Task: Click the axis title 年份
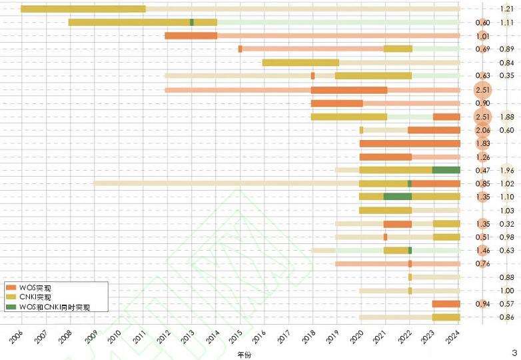[x=245, y=355]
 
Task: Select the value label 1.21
[x=506, y=9]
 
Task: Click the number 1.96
[x=506, y=170]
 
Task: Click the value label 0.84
[x=506, y=63]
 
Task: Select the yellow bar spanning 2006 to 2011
[x=83, y=9]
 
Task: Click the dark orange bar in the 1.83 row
[x=410, y=143]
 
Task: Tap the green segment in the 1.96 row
[x=446, y=170]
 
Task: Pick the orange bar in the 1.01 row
[x=191, y=35]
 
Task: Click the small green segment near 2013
[x=192, y=22]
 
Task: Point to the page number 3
[x=514, y=351]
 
